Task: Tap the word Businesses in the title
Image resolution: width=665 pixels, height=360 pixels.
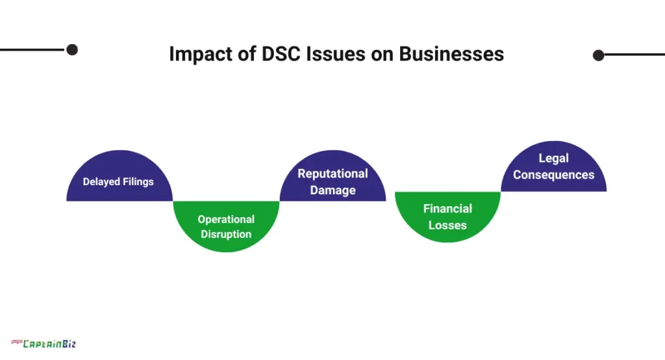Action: (451, 55)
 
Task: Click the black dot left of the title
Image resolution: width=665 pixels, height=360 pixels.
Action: (72, 49)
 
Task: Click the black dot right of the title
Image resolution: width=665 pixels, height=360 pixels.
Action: (599, 55)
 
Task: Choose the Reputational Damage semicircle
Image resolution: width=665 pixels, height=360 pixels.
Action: (332, 179)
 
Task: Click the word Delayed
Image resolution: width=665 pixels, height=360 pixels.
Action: (101, 182)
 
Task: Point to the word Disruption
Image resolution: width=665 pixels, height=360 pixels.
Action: (226, 234)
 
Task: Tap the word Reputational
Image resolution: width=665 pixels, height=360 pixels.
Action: (332, 174)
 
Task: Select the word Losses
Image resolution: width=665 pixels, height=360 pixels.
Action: (447, 225)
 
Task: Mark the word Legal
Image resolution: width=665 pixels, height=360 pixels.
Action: (553, 158)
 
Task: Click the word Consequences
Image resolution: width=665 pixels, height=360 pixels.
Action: (553, 175)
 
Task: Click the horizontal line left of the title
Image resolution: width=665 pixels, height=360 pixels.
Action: (32, 49)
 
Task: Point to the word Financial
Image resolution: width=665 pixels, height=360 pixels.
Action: (447, 209)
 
